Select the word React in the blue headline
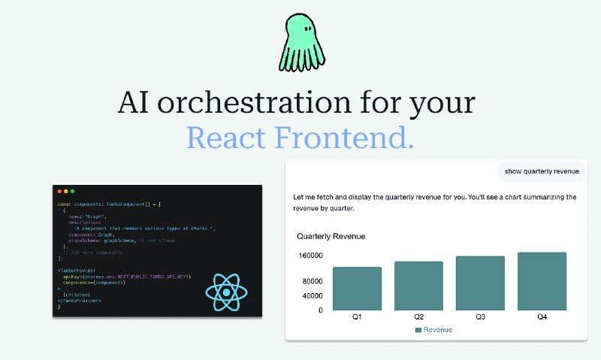pyautogui.click(x=225, y=138)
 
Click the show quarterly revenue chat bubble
pyautogui.click(x=542, y=171)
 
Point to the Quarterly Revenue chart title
pyautogui.click(x=331, y=237)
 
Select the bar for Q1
pyautogui.click(x=357, y=289)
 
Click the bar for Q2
pyautogui.click(x=418, y=286)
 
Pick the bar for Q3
pyautogui.click(x=480, y=283)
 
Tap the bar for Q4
pyautogui.click(x=542, y=281)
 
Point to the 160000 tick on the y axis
pyautogui.click(x=310, y=256)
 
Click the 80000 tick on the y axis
pyautogui.click(x=310, y=282)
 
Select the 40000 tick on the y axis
pyautogui.click(x=310, y=295)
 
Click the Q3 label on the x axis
pyautogui.click(x=480, y=317)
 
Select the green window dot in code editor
pyautogui.click(x=72, y=192)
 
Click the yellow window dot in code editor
pyautogui.click(x=65, y=192)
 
